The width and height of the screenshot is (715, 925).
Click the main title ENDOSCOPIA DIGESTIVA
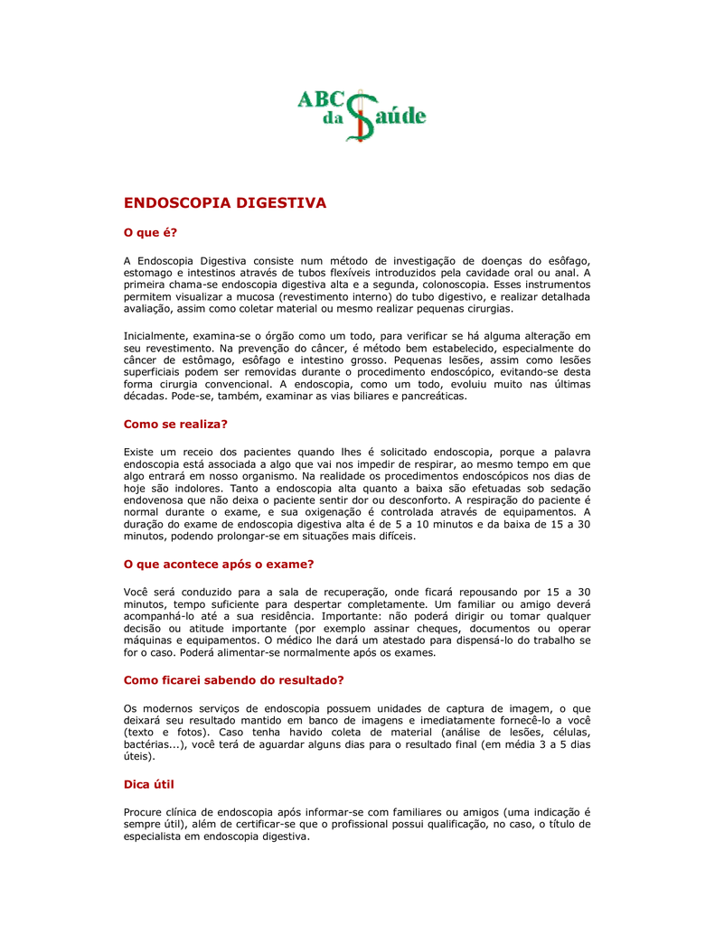[x=224, y=203]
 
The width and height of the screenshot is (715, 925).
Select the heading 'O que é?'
[x=151, y=233]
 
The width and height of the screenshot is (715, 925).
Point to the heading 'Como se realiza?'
[x=175, y=423]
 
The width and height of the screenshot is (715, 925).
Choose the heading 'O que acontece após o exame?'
[x=218, y=564]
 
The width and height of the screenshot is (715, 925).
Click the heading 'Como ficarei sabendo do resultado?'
[x=233, y=679]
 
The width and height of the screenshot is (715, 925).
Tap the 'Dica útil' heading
[x=148, y=784]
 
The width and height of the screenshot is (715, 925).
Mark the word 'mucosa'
[x=257, y=296]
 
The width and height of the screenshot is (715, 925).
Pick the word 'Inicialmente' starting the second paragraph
[x=155, y=335]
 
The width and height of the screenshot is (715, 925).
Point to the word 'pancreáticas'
[x=432, y=396]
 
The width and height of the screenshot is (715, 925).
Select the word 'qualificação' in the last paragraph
[x=467, y=824]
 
